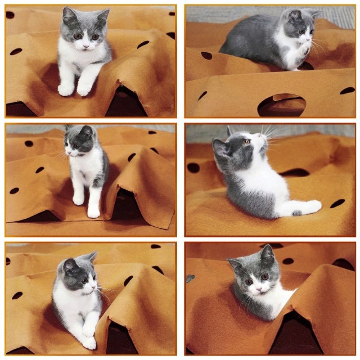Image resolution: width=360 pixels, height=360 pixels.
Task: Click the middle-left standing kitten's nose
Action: (x=69, y=153)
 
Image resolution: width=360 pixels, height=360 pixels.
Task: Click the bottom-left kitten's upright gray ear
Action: (x=90, y=257)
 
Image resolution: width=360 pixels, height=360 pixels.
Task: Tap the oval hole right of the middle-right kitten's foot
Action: (x=337, y=203)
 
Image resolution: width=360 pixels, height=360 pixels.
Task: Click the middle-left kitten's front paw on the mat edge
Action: (x=93, y=212)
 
